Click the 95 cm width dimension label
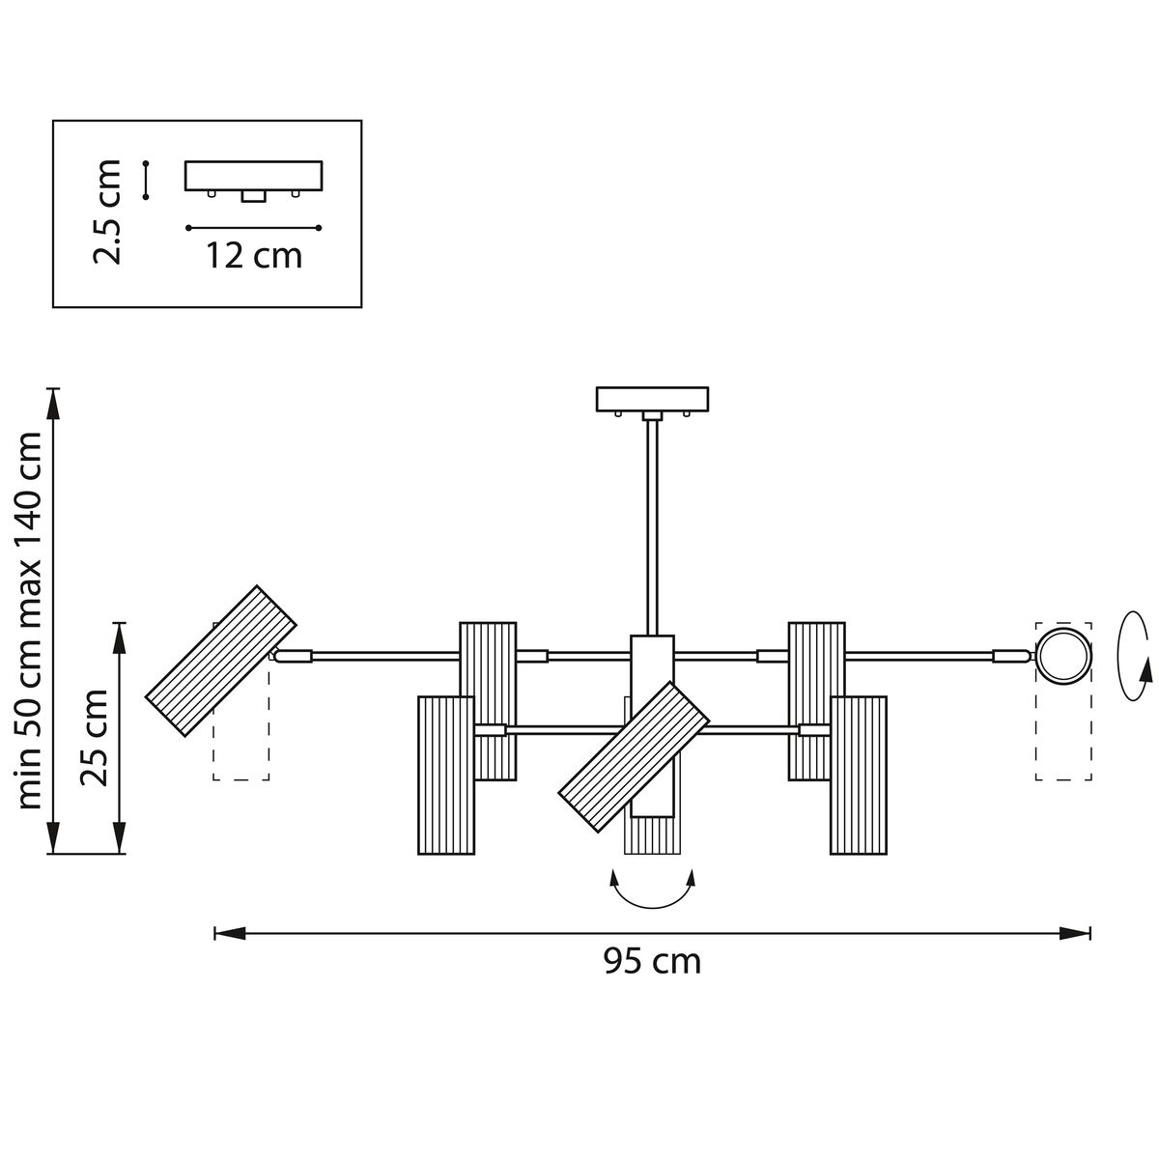pyautogui.click(x=652, y=962)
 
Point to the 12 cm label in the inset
pyautogui.click(x=253, y=256)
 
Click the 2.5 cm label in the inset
pyautogui.click(x=106, y=212)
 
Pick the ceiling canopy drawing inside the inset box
pyautogui.click(x=253, y=177)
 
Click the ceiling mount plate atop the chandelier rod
pyautogui.click(x=653, y=399)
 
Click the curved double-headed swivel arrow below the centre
pyautogui.click(x=653, y=893)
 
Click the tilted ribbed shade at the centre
pyautogui.click(x=635, y=756)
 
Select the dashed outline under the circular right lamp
pyautogui.click(x=1063, y=734)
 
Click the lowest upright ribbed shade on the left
pyautogui.click(x=447, y=776)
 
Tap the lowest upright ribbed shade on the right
pyautogui.click(x=859, y=776)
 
